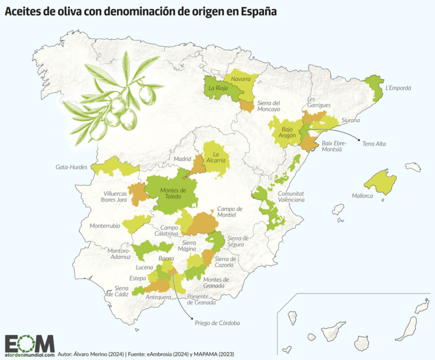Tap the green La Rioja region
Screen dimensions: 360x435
pos(217,88)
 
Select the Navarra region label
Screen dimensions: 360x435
pos(241,79)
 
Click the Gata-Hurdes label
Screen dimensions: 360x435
pos(72,168)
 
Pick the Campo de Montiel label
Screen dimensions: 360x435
pos(229,212)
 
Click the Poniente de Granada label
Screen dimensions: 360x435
pos(201,299)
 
